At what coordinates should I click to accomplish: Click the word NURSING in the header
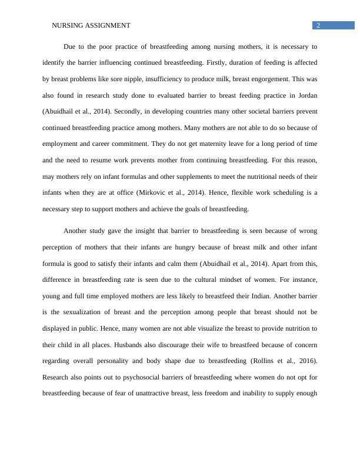pyautogui.click(x=66, y=25)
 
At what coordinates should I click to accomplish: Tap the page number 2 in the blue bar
pyautogui.click(x=318, y=25)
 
